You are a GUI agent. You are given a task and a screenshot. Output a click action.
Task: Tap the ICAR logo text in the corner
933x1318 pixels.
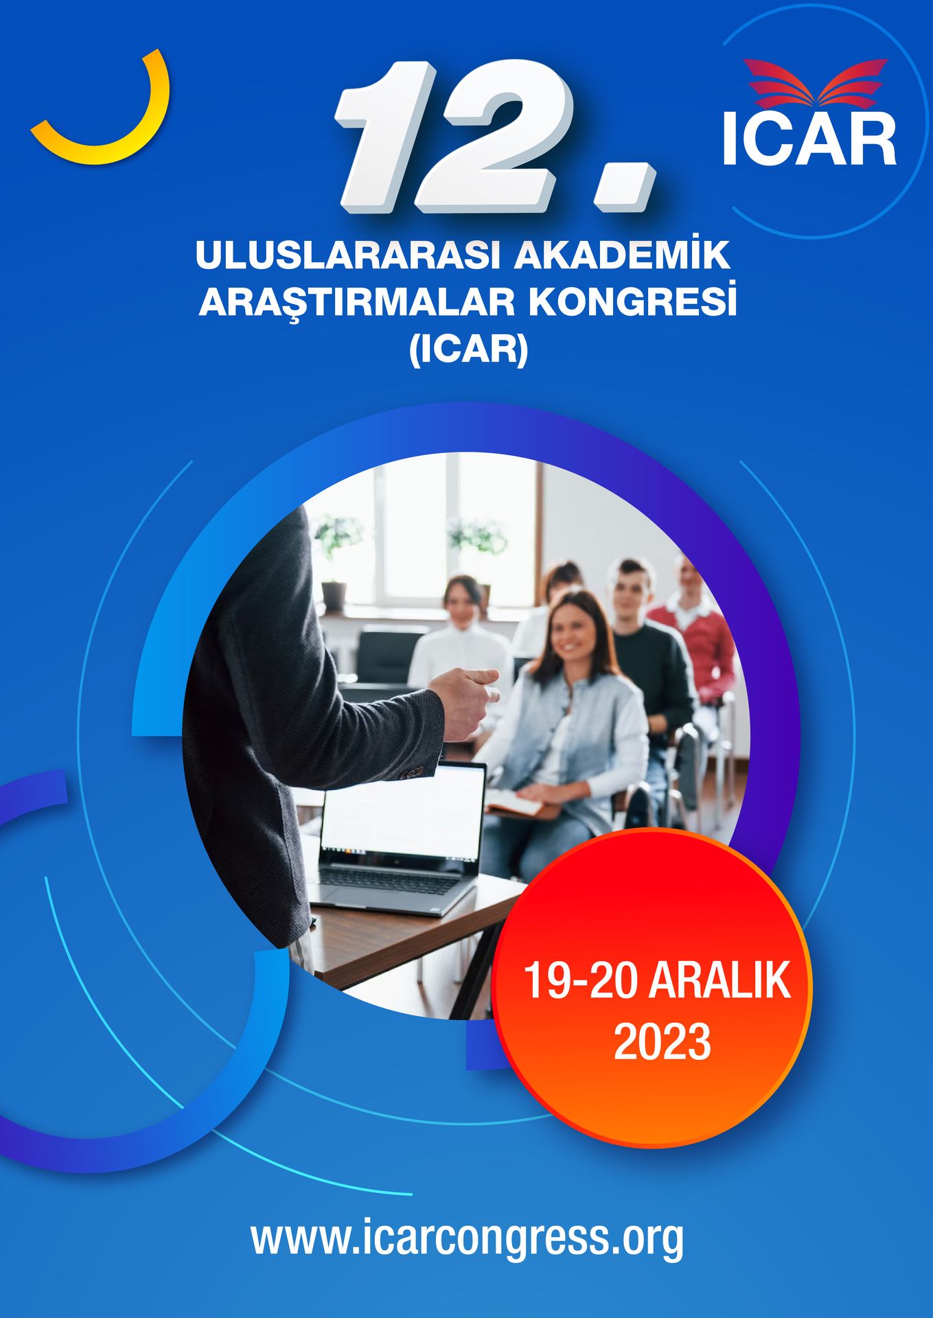pos(809,139)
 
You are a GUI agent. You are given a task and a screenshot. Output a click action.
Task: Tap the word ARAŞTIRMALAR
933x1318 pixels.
pos(357,303)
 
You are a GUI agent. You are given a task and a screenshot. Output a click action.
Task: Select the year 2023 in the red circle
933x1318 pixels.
pos(662,1042)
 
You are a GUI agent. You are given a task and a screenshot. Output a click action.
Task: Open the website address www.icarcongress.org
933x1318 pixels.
pos(468,1237)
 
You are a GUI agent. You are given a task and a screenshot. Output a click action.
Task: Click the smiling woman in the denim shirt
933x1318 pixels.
pos(570,728)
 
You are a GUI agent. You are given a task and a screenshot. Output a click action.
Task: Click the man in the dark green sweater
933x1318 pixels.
pos(649,659)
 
